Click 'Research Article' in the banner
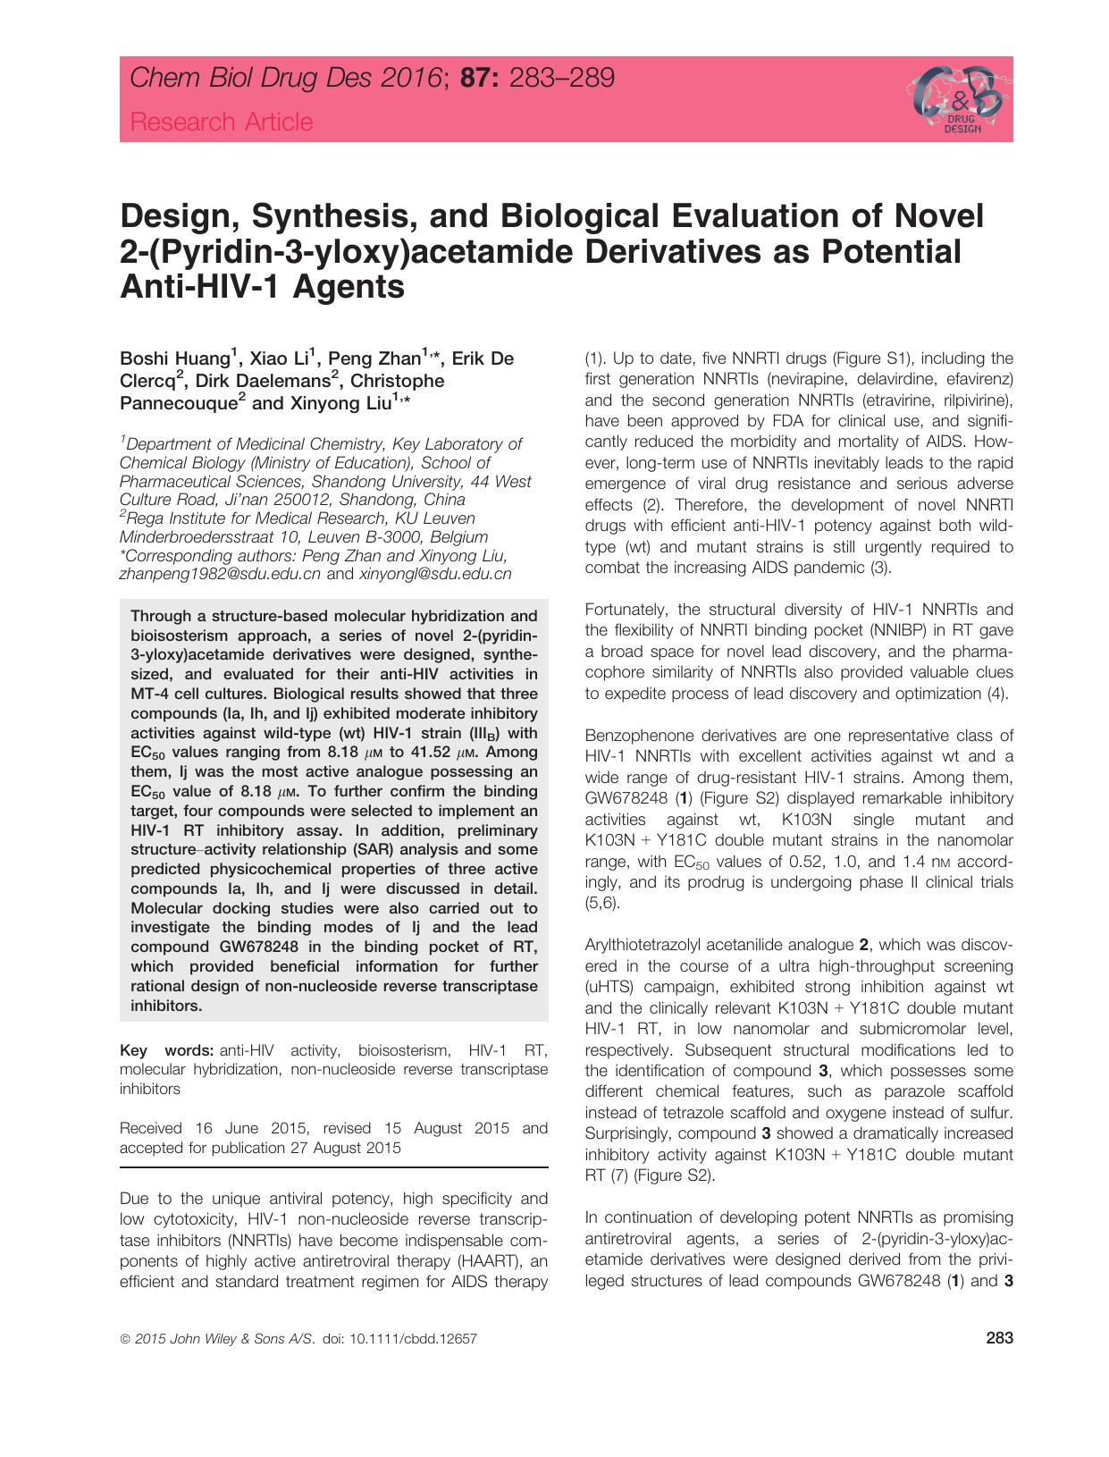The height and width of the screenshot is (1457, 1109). click(222, 122)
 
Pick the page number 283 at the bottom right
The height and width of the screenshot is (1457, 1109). click(999, 1338)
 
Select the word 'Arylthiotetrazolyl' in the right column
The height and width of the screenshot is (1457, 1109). click(643, 945)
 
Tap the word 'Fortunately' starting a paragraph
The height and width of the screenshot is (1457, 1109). click(626, 610)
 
